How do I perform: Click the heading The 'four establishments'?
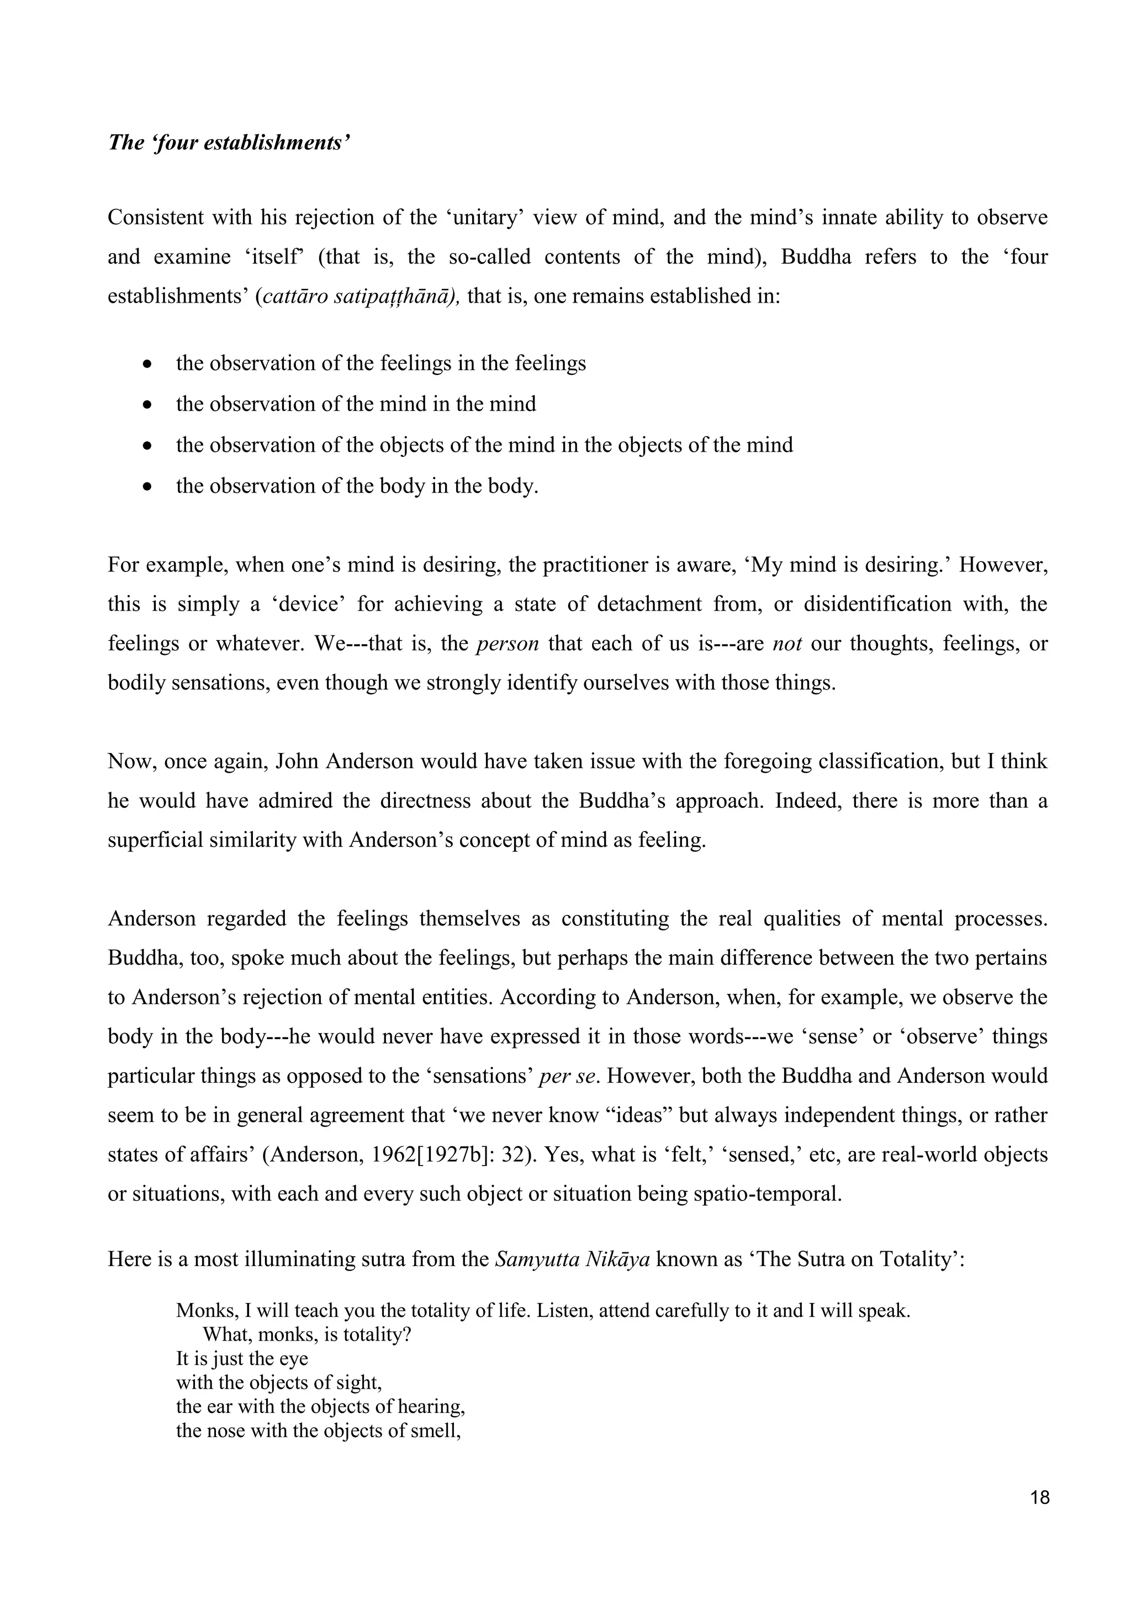229,144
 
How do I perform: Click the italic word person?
507,643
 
